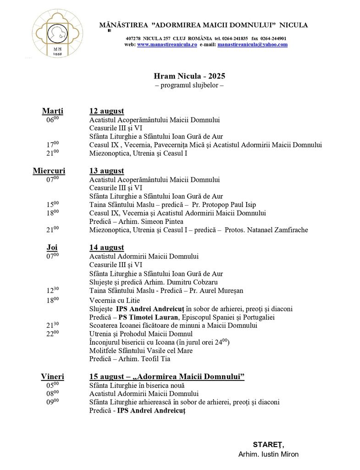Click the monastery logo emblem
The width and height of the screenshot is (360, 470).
click(57, 34)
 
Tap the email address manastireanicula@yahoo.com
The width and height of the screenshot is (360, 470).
click(252, 45)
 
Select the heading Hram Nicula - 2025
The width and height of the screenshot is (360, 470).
click(189, 76)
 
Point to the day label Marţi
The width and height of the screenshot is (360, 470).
click(53, 111)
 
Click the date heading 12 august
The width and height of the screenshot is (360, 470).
click(106, 111)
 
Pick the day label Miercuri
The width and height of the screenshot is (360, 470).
click(49, 171)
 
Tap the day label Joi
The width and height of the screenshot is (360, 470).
click(52, 247)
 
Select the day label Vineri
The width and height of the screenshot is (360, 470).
click(52, 376)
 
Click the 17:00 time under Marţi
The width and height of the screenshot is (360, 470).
click(52, 145)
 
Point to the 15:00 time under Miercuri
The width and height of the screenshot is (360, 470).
click(52, 205)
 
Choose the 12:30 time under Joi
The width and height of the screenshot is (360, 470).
click(52, 291)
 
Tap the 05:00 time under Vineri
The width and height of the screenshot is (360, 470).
click(52, 386)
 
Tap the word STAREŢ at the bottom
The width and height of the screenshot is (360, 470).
click(268, 444)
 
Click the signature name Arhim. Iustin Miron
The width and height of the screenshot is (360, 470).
click(268, 454)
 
